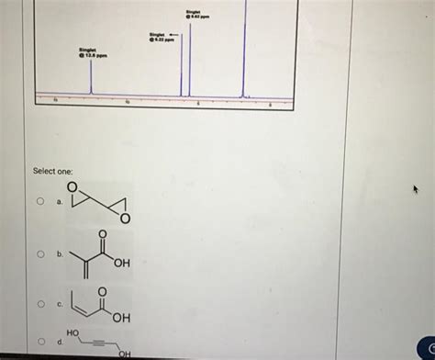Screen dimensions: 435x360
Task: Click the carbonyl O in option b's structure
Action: (103, 236)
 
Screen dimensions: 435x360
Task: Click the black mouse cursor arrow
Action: (416, 189)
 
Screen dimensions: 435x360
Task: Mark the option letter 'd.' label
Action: (60, 342)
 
